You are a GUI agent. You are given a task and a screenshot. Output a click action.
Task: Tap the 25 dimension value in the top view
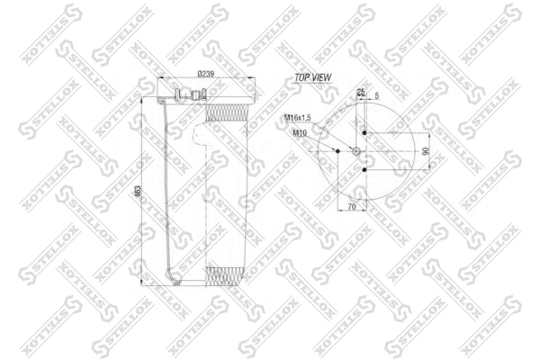click(x=360, y=92)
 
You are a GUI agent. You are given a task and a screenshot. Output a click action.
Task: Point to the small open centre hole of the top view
click(x=356, y=151)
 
